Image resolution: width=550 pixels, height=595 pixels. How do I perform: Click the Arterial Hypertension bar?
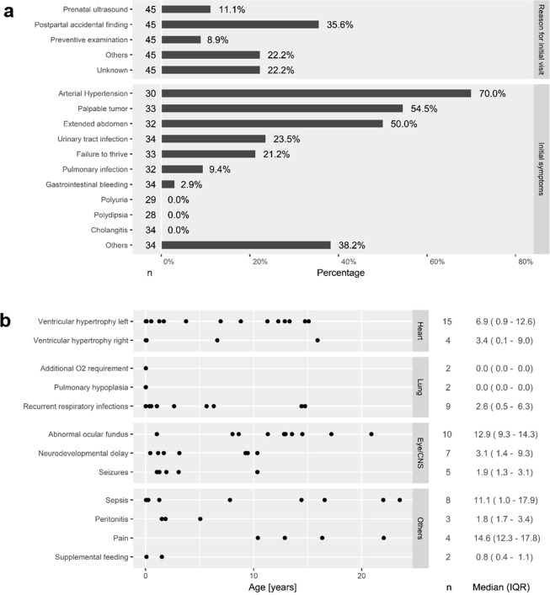coord(316,93)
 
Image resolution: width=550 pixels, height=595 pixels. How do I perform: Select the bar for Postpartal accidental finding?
coord(240,24)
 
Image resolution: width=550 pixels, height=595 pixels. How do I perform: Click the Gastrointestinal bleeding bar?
coord(168,184)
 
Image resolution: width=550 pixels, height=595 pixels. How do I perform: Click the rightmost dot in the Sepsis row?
coord(399,500)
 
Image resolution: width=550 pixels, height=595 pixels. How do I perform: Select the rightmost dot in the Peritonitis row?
coord(200,518)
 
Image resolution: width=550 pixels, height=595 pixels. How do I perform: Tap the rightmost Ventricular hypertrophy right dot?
coord(318,340)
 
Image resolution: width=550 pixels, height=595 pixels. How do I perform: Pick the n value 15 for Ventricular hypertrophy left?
coord(447,321)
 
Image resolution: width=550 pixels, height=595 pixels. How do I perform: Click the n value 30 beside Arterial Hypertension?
coord(150,93)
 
